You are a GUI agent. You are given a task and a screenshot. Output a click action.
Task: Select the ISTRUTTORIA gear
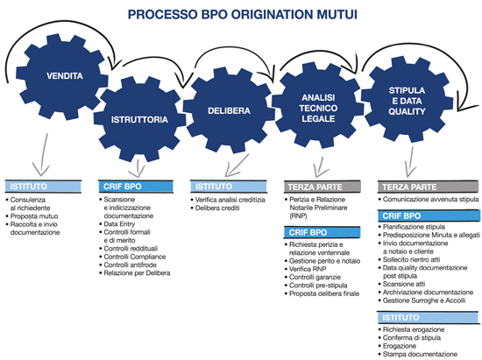[x=139, y=119]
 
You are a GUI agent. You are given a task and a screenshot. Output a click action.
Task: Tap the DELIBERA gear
[x=229, y=110]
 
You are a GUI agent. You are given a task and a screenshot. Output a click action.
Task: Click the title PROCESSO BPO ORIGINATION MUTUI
[x=243, y=14]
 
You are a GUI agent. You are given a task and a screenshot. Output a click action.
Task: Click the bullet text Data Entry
[x=119, y=224]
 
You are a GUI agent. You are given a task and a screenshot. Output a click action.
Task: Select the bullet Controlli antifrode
[x=130, y=265]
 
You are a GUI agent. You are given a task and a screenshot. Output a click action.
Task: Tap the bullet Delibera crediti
[x=217, y=208]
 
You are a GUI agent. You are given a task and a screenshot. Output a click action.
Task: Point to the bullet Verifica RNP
[x=308, y=269]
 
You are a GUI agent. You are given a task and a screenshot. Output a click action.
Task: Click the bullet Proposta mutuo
[x=34, y=216]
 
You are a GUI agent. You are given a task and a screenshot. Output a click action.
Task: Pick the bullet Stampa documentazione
[x=420, y=354]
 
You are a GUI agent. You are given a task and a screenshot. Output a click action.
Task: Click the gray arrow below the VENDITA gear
[x=43, y=154]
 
